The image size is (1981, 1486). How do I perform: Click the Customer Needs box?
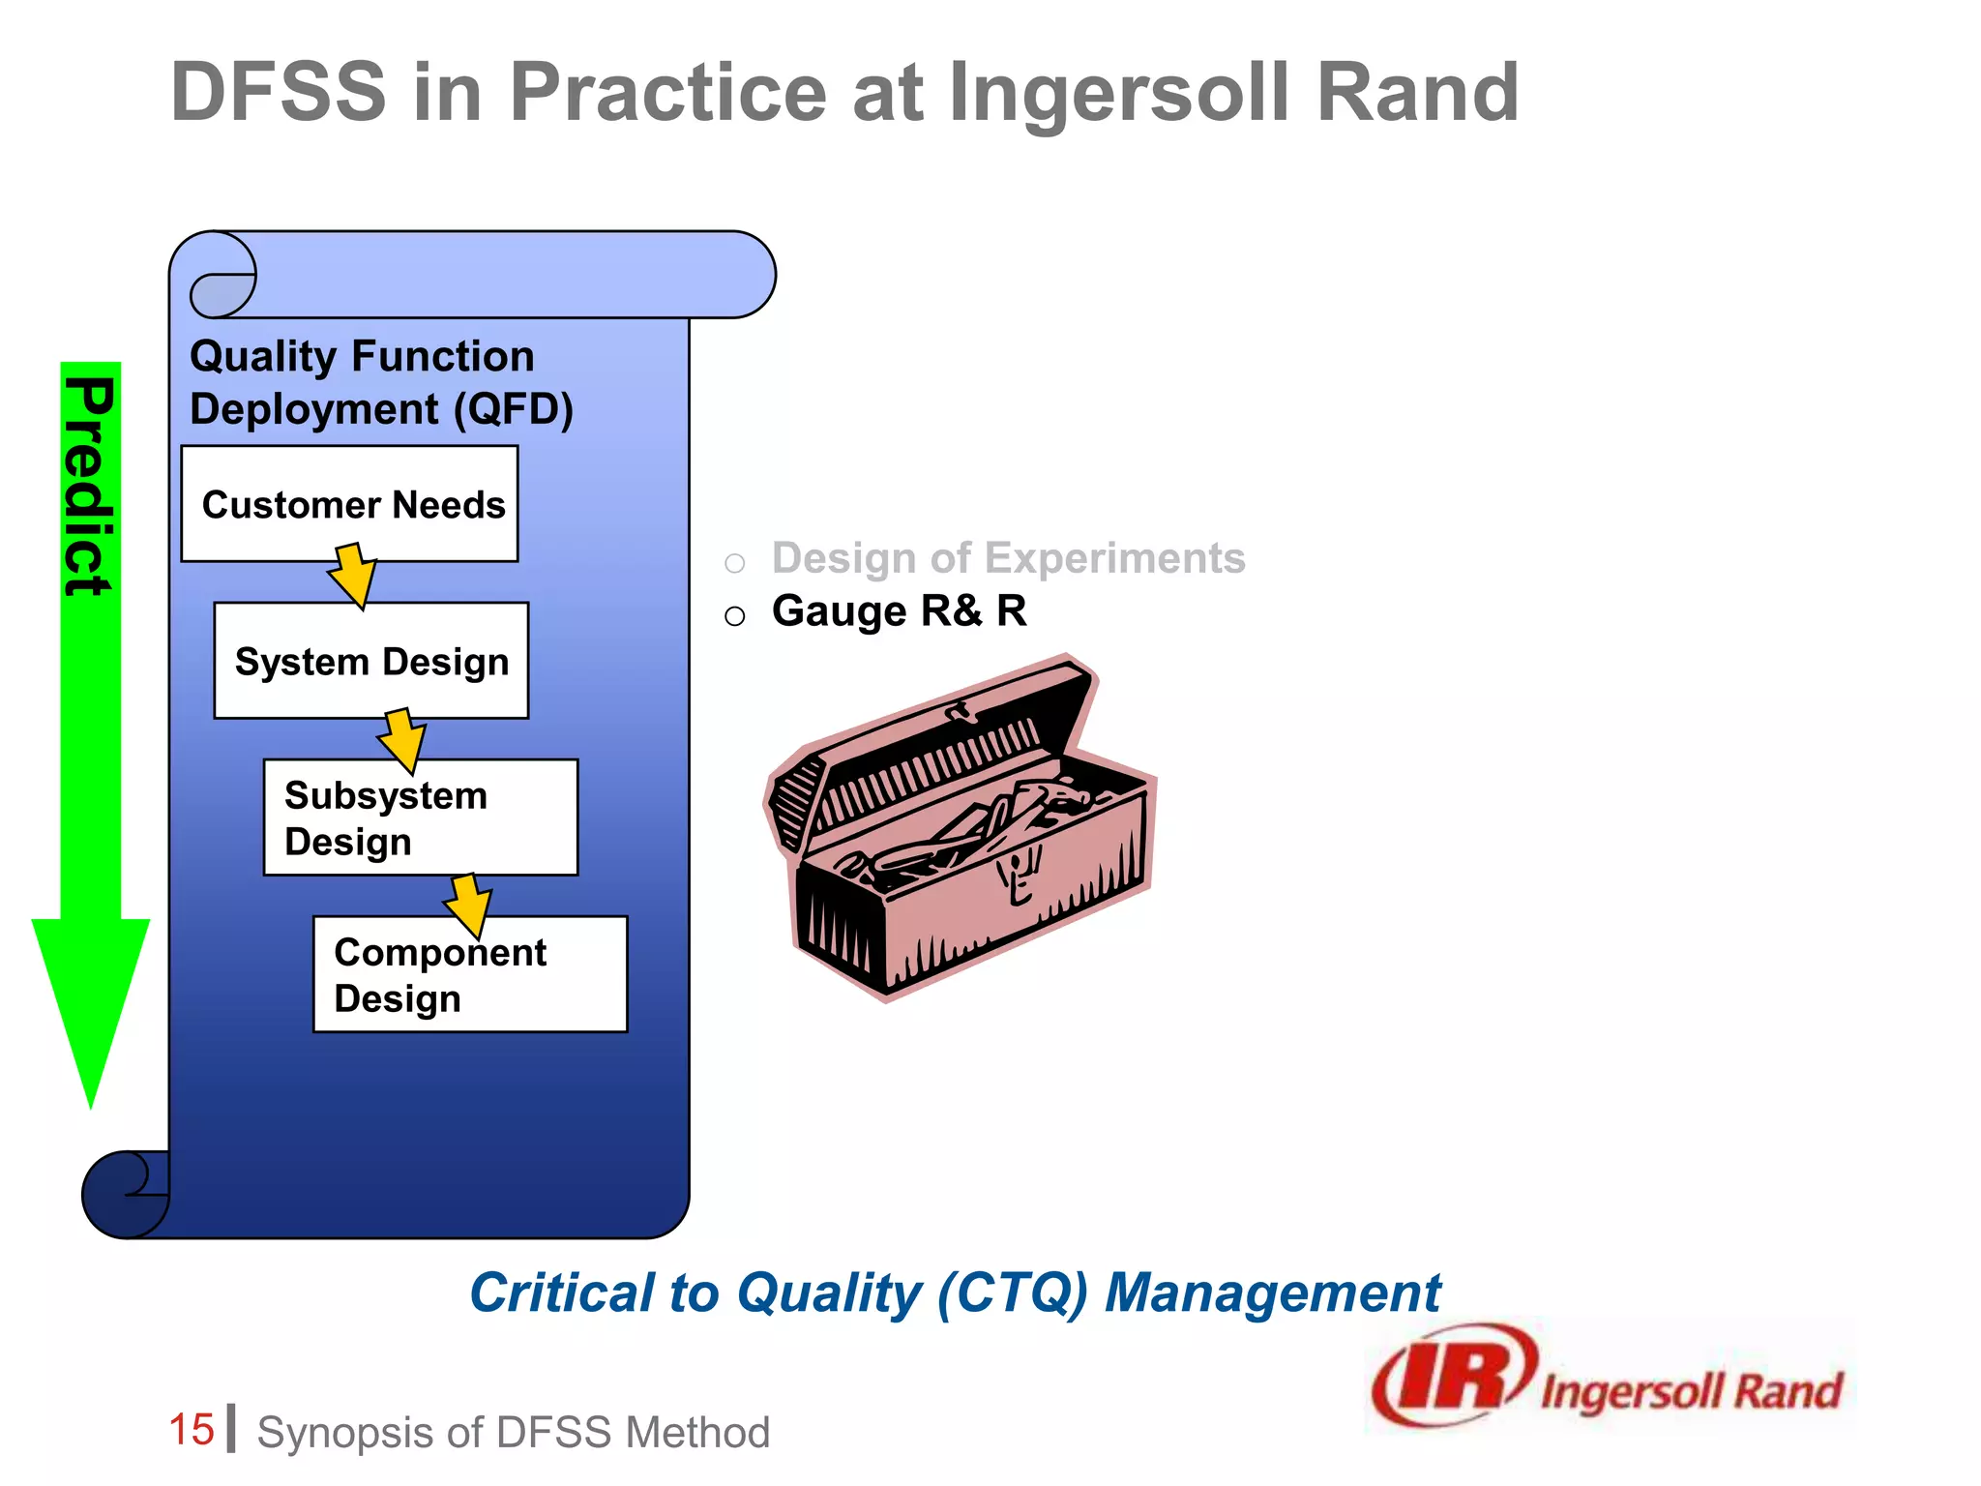click(x=349, y=503)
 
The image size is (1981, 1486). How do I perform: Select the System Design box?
click(x=371, y=661)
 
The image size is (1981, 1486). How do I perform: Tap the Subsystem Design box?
click(x=420, y=817)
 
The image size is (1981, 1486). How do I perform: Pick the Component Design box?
click(x=470, y=974)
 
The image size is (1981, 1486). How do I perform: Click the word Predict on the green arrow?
click(x=89, y=486)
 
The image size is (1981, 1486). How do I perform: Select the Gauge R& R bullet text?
click(x=899, y=611)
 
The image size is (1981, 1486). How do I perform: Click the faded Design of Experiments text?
click(x=1008, y=558)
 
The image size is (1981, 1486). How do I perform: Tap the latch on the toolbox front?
click(x=1018, y=876)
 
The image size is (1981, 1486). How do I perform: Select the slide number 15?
click(x=191, y=1430)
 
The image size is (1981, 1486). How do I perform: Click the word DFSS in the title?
click(x=279, y=92)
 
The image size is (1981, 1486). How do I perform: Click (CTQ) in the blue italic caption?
click(x=1012, y=1293)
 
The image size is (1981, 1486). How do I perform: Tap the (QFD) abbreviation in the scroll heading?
click(x=513, y=409)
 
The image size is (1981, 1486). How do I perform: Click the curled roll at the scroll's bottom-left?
click(x=124, y=1194)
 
